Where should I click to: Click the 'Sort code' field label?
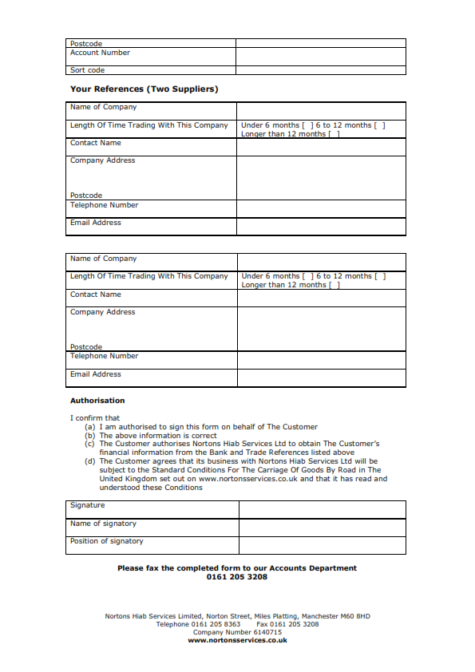click(87, 70)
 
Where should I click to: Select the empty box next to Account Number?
click(320, 57)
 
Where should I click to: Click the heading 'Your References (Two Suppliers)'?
click(144, 89)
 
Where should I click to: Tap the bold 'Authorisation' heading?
click(97, 401)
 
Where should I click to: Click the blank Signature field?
click(322, 509)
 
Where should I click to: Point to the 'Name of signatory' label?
click(103, 524)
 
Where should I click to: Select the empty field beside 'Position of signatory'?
click(322, 545)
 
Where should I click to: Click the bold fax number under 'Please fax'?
click(237, 577)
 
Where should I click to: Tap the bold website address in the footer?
click(237, 640)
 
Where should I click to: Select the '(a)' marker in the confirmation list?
click(90, 427)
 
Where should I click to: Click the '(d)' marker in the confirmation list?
click(90, 461)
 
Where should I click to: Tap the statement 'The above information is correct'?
click(158, 436)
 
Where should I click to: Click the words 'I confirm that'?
click(95, 418)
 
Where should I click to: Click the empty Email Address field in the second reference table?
click(321, 378)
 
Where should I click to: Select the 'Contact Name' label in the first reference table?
click(96, 143)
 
